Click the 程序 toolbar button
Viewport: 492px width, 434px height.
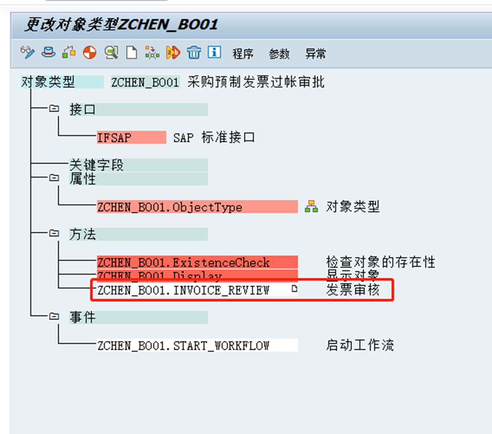tap(243, 54)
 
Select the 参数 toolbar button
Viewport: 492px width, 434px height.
tap(279, 54)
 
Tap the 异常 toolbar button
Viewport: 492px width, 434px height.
tap(316, 54)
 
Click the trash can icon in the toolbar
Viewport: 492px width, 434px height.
tap(195, 53)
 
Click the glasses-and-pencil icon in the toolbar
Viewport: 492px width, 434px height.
tap(27, 53)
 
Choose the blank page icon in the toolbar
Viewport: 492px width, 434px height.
tap(131, 53)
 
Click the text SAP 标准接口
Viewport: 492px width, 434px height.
tap(214, 137)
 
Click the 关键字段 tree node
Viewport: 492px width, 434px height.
tap(97, 165)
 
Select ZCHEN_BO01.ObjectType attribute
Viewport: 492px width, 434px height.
tap(169, 207)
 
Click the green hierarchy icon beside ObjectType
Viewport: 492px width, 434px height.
tap(311, 207)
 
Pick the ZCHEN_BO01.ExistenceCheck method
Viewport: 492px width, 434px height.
tap(183, 263)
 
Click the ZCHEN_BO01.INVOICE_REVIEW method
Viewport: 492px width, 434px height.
tap(183, 290)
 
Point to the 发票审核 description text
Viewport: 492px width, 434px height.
tap(353, 290)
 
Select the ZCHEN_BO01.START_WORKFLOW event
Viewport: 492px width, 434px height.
tap(183, 345)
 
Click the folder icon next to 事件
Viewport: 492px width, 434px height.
tap(54, 317)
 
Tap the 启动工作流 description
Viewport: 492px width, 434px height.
tap(359, 345)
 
